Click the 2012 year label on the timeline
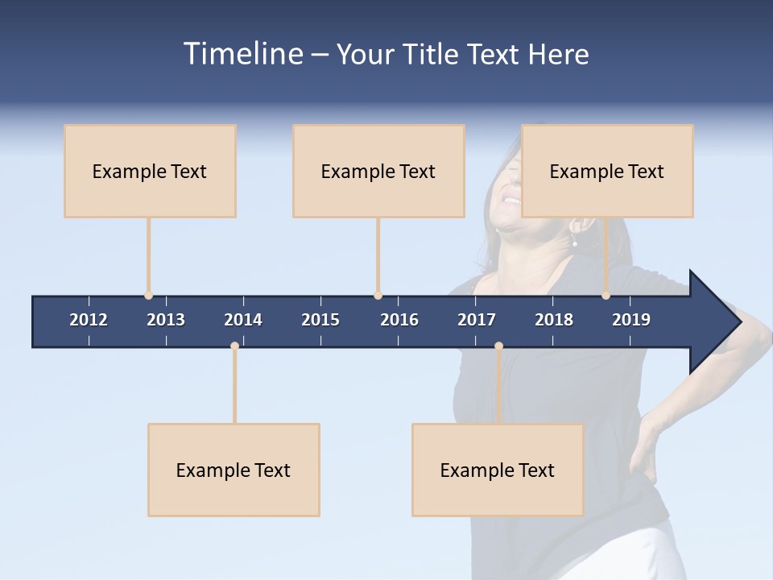[x=89, y=320]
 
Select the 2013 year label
[x=166, y=320]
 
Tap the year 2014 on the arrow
[x=243, y=320]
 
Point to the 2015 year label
[x=320, y=320]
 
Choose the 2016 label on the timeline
[x=399, y=320]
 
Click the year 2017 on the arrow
[x=477, y=320]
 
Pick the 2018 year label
[x=554, y=320]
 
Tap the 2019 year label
[x=631, y=320]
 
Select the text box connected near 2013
[x=150, y=171]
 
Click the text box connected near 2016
[x=378, y=171]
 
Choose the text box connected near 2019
[x=607, y=171]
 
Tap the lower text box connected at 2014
[x=234, y=470]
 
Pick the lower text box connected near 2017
[x=498, y=470]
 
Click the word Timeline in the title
[x=242, y=54]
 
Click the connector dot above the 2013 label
[x=148, y=296]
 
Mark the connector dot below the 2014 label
[x=234, y=346]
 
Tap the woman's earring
[x=574, y=242]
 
